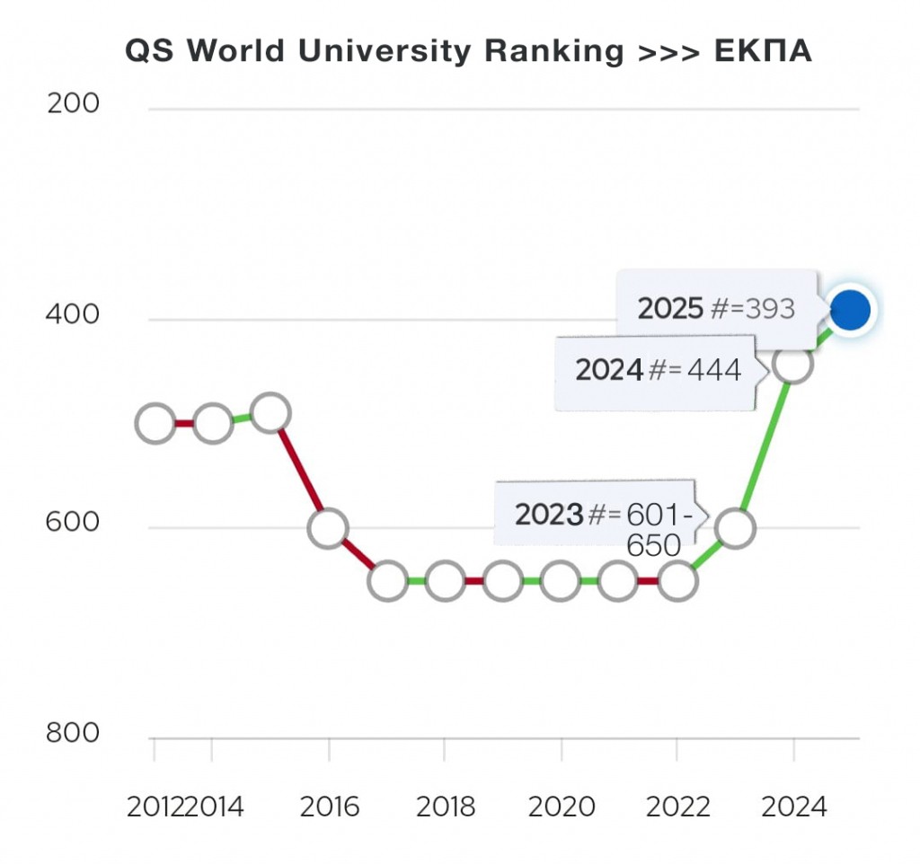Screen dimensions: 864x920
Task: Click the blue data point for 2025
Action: click(x=850, y=310)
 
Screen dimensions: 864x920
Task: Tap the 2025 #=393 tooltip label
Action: click(x=716, y=308)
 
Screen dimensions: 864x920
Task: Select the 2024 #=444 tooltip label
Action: click(x=658, y=369)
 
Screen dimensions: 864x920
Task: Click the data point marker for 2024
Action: click(x=792, y=363)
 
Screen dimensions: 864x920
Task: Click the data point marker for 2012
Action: click(x=155, y=423)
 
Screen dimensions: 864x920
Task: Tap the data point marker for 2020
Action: click(x=561, y=581)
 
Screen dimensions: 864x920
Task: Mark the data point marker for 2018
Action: click(x=445, y=581)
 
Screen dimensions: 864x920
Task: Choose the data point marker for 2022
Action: click(x=677, y=581)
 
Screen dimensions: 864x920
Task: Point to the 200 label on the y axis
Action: click(x=73, y=104)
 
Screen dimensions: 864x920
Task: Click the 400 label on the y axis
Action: click(x=73, y=315)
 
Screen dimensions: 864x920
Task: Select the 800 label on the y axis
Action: click(x=73, y=733)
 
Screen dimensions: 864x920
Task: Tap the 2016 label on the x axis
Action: click(x=329, y=807)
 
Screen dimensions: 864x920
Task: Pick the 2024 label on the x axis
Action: click(x=793, y=807)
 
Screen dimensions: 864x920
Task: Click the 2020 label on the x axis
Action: click(x=562, y=807)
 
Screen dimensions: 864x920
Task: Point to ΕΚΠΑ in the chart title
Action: click(x=763, y=51)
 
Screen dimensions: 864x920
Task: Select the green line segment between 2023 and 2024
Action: click(x=765, y=445)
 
